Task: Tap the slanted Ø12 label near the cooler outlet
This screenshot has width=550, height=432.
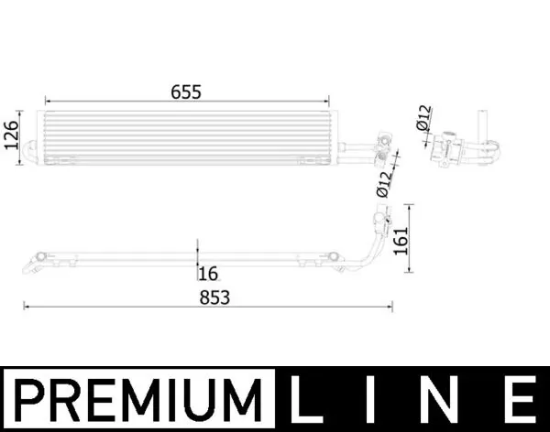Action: [384, 182]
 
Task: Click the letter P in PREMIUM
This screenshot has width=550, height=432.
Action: [29, 401]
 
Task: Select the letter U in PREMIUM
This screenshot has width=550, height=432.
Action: [212, 401]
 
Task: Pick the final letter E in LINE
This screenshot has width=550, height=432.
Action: [520, 401]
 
